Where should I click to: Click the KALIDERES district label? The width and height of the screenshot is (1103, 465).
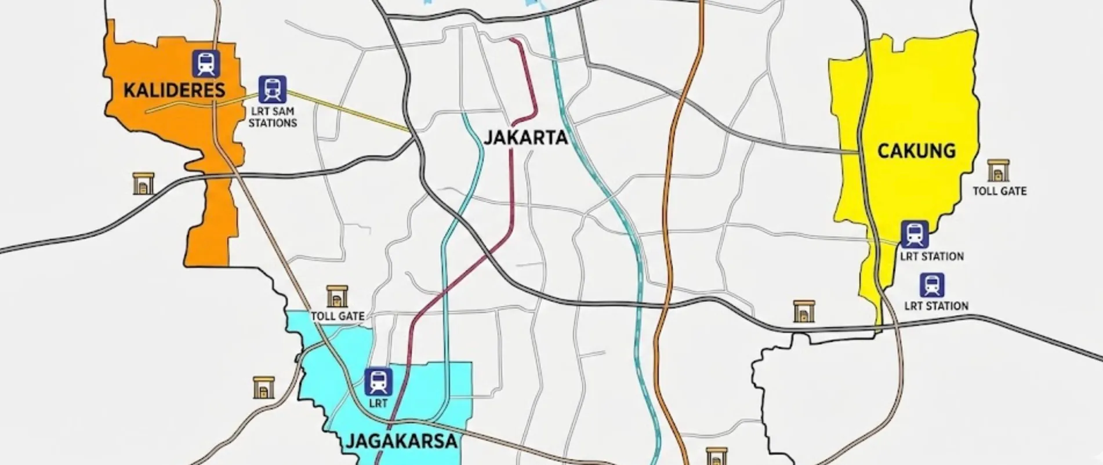[x=174, y=90]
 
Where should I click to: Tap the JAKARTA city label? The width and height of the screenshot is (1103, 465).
[x=525, y=138]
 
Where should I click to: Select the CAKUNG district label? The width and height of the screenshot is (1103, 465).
[x=916, y=151]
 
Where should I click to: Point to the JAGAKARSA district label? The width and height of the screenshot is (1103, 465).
[x=402, y=441]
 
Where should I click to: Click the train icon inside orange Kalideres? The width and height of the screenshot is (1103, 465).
[x=206, y=64]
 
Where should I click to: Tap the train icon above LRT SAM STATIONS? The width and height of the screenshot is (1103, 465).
[x=272, y=89]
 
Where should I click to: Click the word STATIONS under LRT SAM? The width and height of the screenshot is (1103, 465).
[x=273, y=123]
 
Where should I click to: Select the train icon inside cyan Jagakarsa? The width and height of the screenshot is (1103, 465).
[x=378, y=382]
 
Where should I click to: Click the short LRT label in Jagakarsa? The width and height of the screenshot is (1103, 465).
[x=378, y=402]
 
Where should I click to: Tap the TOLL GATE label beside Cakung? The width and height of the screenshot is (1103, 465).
[x=999, y=191]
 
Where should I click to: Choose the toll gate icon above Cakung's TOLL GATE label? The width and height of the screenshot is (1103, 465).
[x=998, y=171]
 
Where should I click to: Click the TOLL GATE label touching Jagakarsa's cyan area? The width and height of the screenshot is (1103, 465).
[x=338, y=316]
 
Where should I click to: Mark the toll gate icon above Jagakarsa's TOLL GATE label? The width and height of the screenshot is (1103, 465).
[x=337, y=296]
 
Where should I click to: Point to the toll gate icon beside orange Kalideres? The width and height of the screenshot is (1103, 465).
[x=143, y=183]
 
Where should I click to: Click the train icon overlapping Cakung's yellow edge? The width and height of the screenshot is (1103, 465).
[x=915, y=234]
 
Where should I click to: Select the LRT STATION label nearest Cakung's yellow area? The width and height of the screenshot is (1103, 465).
[x=931, y=256]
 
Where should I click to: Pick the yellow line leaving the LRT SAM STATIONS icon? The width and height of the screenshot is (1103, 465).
[x=348, y=111]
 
